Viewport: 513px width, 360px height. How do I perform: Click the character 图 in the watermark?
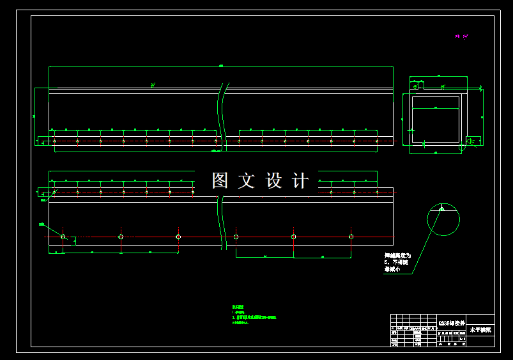click(x=220, y=181)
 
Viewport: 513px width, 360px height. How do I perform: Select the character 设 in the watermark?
click(x=273, y=181)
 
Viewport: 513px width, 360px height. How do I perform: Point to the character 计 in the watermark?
click(x=300, y=181)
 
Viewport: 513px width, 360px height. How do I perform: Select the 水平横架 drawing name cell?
click(x=480, y=330)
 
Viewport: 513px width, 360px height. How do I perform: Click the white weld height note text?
click(x=397, y=262)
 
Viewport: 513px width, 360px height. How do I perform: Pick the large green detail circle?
click(x=443, y=219)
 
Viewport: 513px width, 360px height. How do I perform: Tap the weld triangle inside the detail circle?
click(x=441, y=208)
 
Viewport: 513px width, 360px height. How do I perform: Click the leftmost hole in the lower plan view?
click(x=63, y=237)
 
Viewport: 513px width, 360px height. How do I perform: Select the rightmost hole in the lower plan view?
click(x=351, y=237)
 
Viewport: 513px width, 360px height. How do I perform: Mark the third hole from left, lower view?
click(x=178, y=237)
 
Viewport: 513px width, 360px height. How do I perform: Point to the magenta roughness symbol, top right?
click(x=461, y=36)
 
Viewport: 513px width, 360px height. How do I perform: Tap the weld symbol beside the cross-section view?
click(x=471, y=141)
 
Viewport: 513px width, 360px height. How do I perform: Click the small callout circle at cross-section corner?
click(x=462, y=148)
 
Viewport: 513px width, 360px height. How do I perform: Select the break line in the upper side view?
click(x=221, y=115)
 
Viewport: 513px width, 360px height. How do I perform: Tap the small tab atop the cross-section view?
click(x=419, y=84)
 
